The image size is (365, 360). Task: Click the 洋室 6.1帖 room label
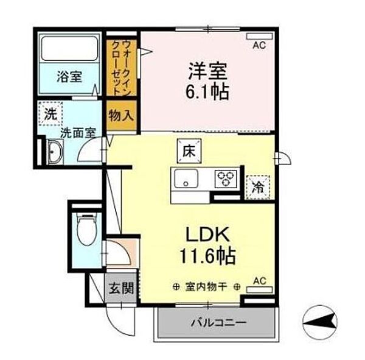click(x=207, y=80)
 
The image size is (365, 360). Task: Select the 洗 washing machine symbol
click(x=49, y=113)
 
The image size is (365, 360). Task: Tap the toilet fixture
click(x=86, y=230)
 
